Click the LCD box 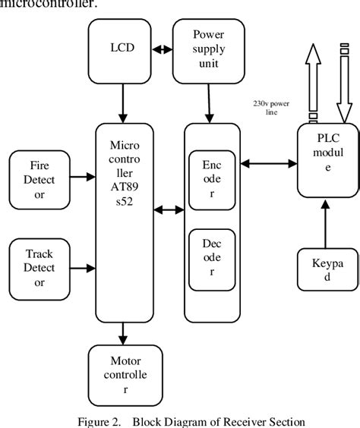(121, 51)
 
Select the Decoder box (211, 257)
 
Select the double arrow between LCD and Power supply (163, 51)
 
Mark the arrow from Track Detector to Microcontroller (81, 266)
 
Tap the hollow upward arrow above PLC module (311, 88)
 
